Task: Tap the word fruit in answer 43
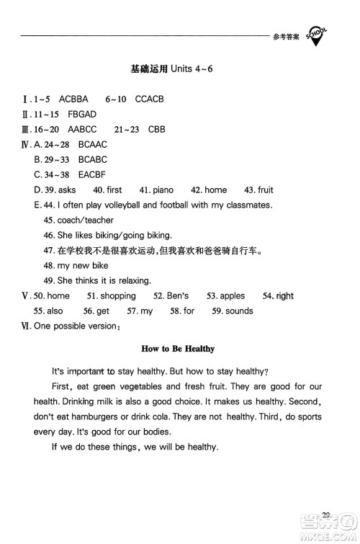(264, 190)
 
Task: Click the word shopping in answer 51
(119, 296)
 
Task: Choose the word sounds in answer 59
(240, 311)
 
